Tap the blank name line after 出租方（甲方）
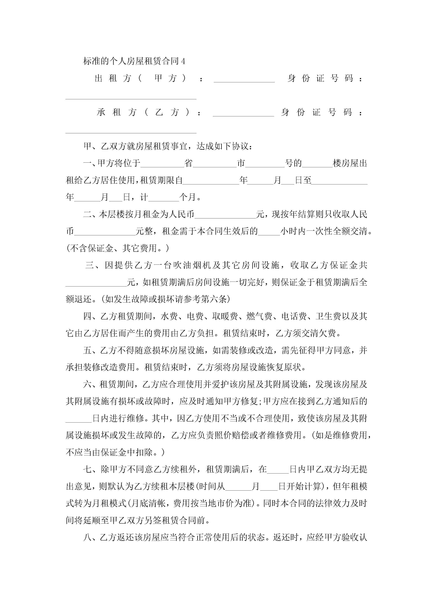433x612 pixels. point(244,79)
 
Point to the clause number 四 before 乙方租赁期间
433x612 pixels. point(87,316)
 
